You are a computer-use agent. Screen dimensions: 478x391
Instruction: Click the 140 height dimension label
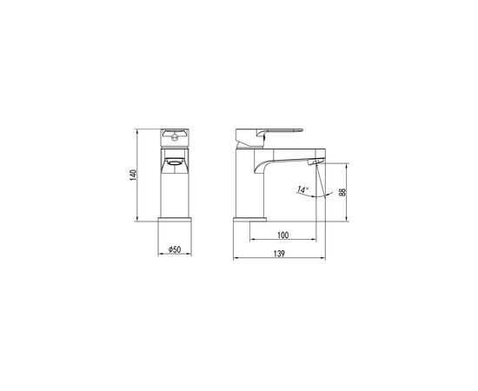point(133,175)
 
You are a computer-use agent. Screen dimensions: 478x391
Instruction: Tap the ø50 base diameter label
point(175,249)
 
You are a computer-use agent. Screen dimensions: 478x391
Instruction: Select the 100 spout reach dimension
point(283,235)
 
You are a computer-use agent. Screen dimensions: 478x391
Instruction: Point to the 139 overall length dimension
point(279,254)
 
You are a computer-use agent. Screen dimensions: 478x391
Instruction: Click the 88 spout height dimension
point(342,192)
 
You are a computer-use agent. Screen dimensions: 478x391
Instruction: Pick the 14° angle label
point(302,189)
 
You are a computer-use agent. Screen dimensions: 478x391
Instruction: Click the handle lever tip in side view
point(301,130)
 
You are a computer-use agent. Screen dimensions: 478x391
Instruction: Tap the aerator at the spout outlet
point(314,162)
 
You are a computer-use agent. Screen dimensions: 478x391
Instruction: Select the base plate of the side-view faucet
point(249,220)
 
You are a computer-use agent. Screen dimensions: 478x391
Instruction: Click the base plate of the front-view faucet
point(175,220)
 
